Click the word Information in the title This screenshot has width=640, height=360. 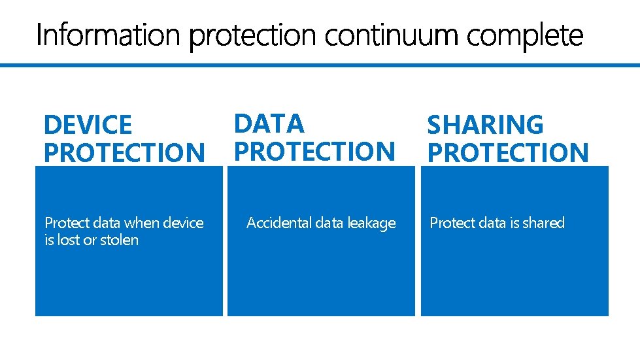click(x=107, y=35)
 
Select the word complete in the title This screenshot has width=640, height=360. click(x=524, y=37)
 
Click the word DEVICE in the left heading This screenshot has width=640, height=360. click(x=88, y=125)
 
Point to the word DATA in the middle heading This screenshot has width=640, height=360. click(x=269, y=123)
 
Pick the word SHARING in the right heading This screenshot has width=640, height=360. click(x=485, y=125)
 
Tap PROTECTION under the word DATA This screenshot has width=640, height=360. click(x=315, y=152)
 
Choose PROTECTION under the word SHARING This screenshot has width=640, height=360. click(x=508, y=153)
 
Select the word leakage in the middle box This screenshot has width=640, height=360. click(x=371, y=223)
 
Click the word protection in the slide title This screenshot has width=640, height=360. click(x=250, y=37)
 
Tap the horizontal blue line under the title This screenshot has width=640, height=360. click(x=320, y=65)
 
